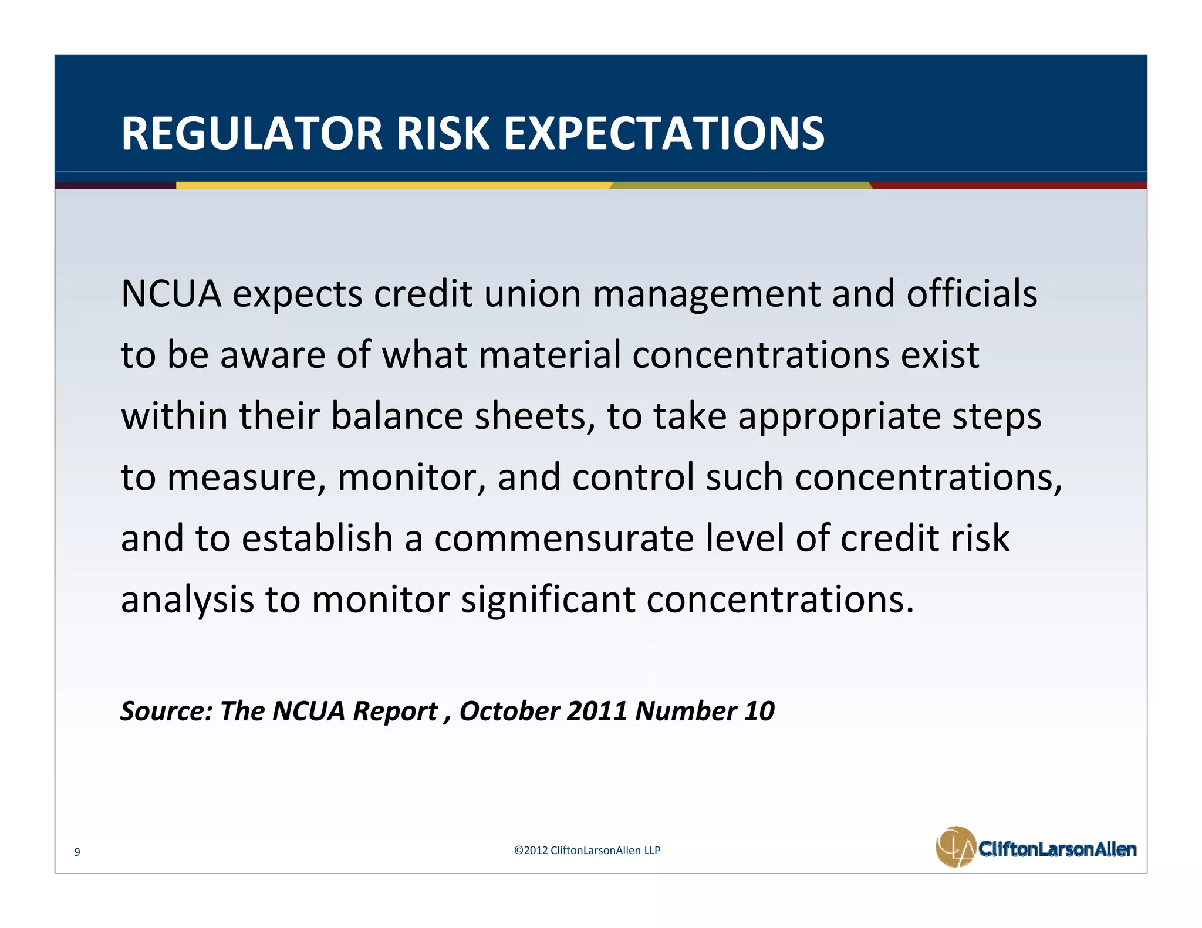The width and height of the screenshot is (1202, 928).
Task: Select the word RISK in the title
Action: point(443,134)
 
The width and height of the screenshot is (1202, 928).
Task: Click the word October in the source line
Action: point(509,711)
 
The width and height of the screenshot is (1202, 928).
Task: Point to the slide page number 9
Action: point(77,852)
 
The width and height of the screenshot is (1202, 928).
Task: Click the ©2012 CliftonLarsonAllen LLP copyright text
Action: point(587,850)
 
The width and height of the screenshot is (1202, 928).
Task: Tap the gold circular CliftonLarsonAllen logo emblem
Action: point(955,847)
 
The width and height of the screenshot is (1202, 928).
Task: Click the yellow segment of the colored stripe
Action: point(393,185)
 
